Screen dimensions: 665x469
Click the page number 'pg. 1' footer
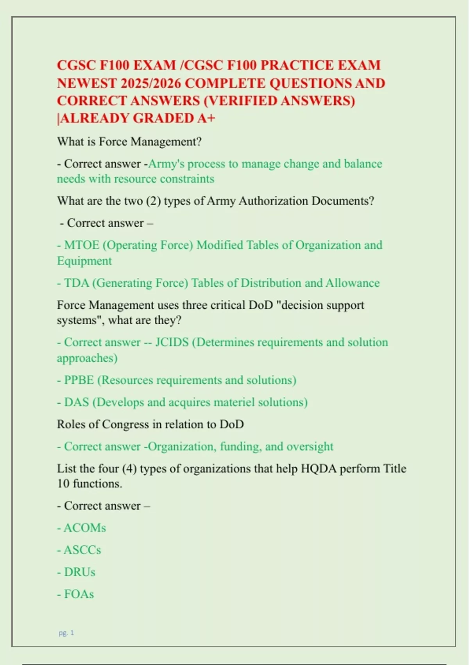[66, 633]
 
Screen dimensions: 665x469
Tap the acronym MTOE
[81, 245]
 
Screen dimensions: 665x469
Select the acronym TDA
[77, 283]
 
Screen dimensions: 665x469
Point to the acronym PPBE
[79, 380]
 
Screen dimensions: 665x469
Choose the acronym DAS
[77, 402]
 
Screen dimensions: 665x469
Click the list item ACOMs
[84, 528]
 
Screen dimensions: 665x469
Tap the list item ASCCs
[82, 550]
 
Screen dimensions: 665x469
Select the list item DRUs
[79, 572]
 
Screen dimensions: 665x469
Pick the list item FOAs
[79, 594]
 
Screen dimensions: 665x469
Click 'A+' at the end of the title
[206, 118]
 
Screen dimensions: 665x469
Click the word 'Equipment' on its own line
[84, 261]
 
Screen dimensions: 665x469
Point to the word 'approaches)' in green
[87, 358]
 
